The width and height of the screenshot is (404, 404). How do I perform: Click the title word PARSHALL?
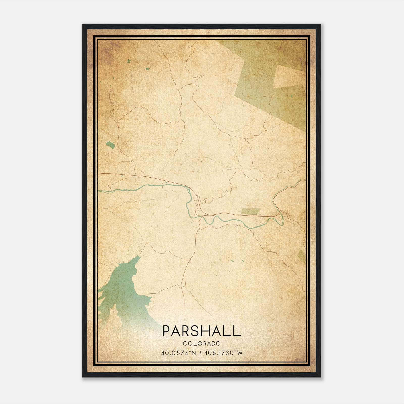(202, 331)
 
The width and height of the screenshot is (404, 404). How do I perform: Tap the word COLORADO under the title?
(202, 343)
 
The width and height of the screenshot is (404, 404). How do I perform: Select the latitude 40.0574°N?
(179, 353)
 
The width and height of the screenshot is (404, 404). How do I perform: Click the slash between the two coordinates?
(200, 353)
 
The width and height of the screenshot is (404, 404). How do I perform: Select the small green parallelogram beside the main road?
(250, 211)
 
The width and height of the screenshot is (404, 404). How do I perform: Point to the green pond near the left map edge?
(111, 145)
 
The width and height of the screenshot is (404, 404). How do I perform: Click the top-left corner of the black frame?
(83, 25)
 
